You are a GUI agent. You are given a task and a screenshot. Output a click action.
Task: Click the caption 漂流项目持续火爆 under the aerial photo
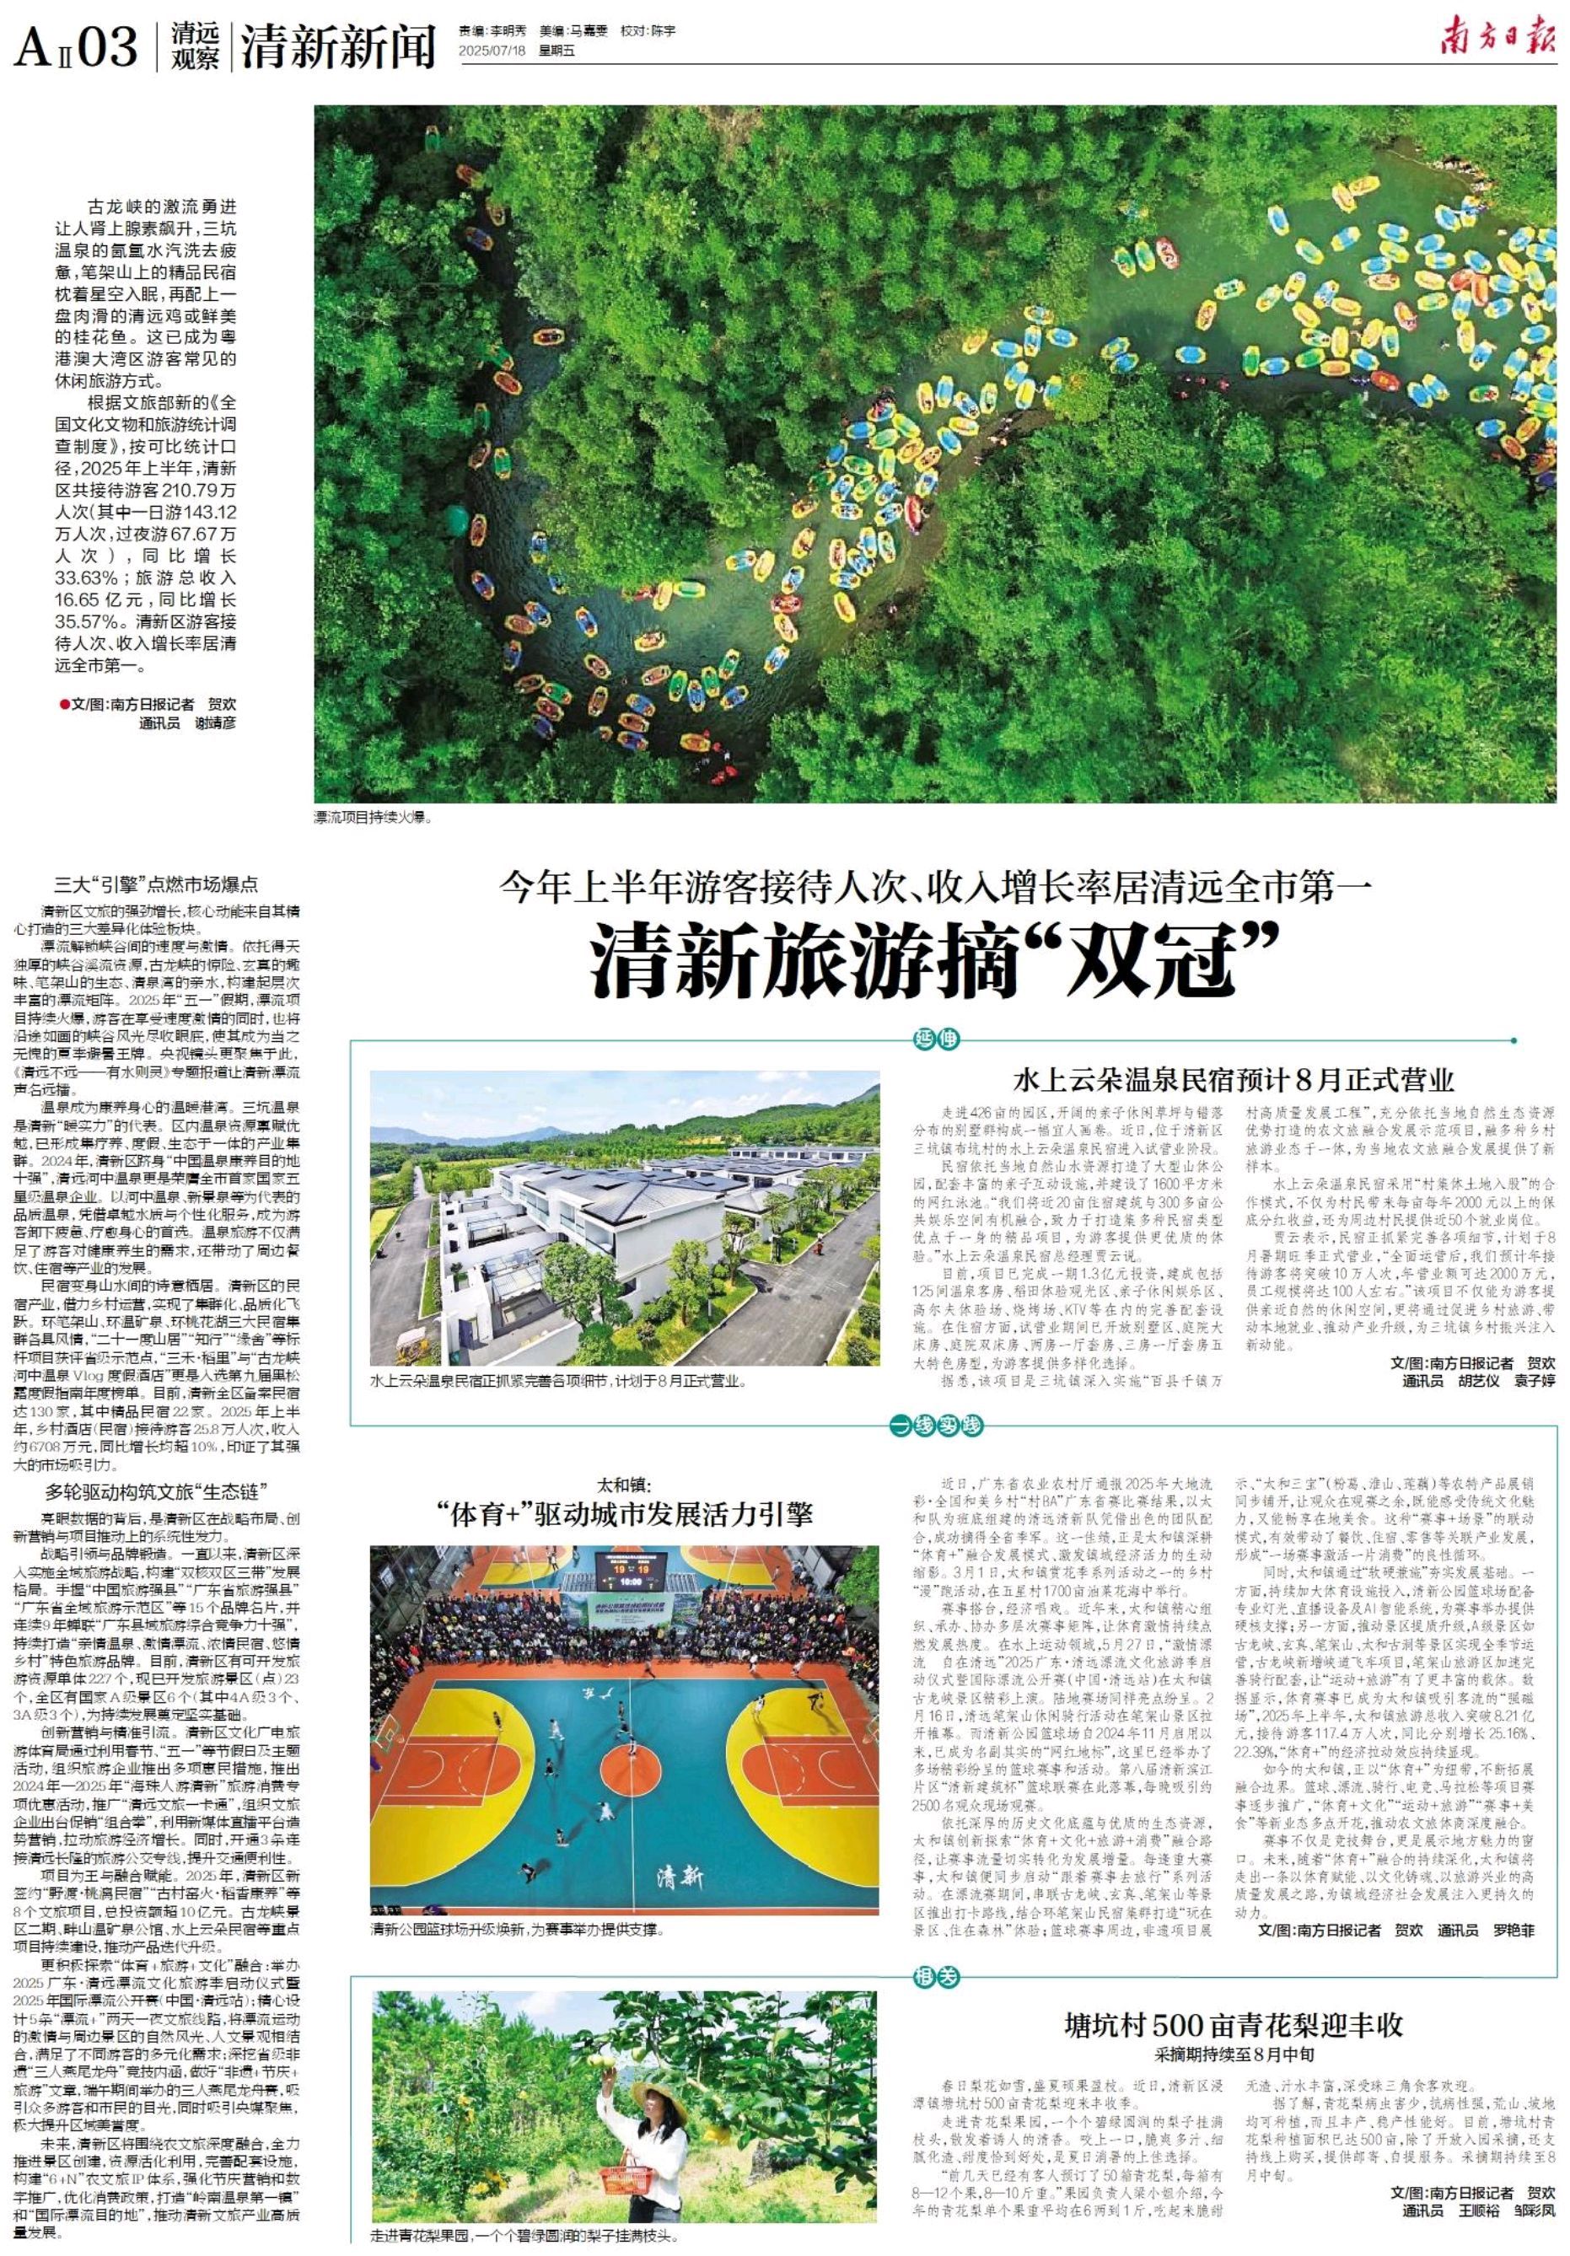(374, 817)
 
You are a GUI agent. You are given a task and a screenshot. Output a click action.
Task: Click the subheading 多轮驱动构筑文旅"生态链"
(156, 1490)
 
